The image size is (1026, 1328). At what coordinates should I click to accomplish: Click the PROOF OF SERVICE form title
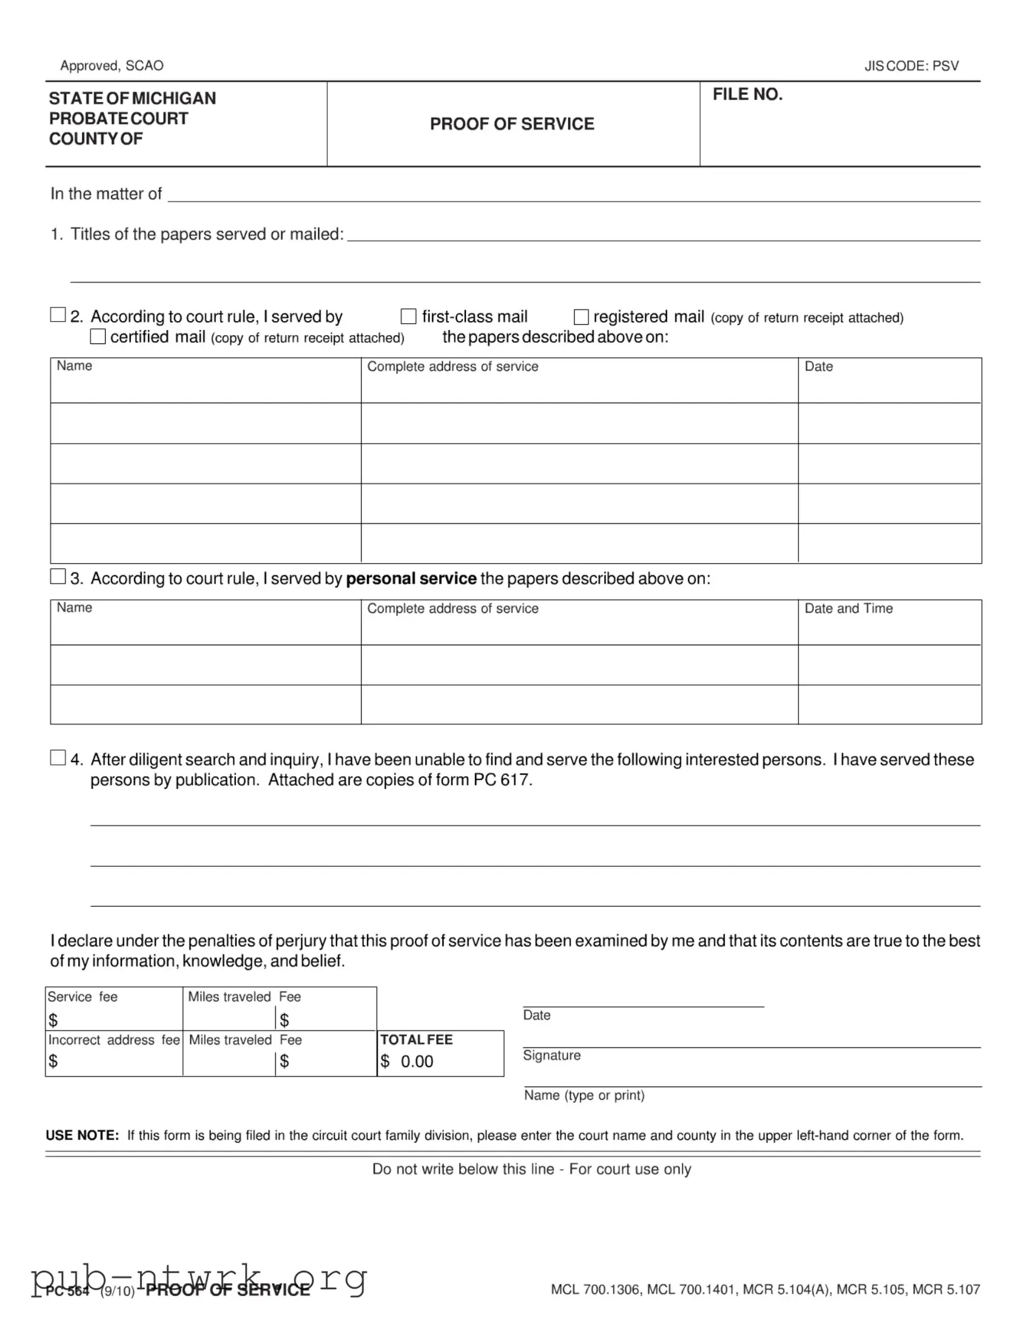point(511,124)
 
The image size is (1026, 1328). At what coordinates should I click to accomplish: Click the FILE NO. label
point(747,94)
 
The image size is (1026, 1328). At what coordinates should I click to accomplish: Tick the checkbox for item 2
point(58,314)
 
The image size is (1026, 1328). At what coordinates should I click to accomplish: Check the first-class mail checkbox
point(408,316)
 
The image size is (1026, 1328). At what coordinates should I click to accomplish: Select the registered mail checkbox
point(581,317)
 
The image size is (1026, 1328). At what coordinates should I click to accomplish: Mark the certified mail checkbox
point(98,336)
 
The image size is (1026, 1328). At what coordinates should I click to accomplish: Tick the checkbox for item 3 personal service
point(58,577)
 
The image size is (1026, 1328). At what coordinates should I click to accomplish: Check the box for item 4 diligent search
point(58,757)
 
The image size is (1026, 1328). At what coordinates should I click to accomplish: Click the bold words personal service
point(411,578)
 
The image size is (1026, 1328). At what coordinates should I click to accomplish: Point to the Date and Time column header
point(848,608)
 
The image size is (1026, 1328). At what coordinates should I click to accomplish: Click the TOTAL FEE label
point(416,1039)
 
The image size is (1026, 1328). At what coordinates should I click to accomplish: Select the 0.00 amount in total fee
point(417,1061)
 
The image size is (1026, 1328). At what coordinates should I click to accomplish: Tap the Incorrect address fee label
point(113,1040)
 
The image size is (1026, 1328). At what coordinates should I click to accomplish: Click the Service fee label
point(83,997)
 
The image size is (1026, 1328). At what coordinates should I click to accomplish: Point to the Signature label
point(552,1055)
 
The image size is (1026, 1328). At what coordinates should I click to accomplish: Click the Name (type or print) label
point(584,1095)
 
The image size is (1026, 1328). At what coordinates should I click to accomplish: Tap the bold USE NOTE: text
point(82,1135)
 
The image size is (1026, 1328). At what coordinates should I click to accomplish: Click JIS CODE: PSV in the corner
point(911,66)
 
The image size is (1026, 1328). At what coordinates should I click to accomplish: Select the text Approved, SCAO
point(112,66)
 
